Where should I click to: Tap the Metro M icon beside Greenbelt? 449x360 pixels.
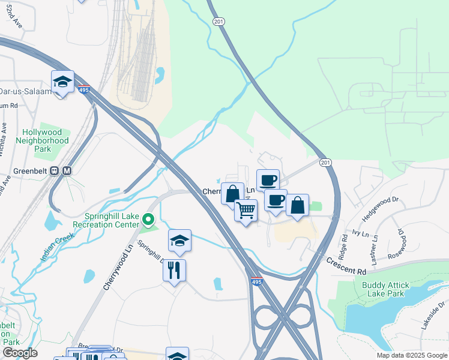(x=67, y=170)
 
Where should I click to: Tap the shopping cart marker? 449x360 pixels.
(x=246, y=211)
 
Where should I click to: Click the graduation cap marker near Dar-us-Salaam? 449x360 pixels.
(x=62, y=82)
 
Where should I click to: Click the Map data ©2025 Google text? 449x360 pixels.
(x=412, y=355)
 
